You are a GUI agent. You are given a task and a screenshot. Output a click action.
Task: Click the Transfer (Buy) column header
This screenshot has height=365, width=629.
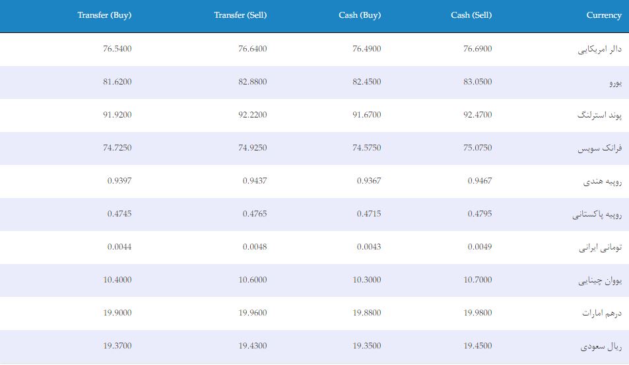coord(104,15)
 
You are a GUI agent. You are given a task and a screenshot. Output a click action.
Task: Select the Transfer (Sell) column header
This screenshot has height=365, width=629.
coord(240,15)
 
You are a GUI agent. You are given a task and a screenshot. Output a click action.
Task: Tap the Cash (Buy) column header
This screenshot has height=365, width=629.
coord(360,15)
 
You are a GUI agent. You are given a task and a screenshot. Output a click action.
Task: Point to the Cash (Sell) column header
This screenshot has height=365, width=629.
coord(471,15)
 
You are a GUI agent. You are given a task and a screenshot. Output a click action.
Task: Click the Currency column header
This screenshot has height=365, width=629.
coord(604,15)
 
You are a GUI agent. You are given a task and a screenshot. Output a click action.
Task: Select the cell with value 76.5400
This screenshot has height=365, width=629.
coord(117,49)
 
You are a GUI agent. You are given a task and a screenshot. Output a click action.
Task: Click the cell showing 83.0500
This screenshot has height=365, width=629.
coord(477,81)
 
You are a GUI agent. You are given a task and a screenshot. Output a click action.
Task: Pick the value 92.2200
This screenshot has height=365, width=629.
coord(252,115)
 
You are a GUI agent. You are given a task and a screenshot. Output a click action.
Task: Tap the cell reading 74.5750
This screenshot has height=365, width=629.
coord(367,148)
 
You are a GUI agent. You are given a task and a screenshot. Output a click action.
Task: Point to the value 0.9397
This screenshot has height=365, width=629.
coord(119,180)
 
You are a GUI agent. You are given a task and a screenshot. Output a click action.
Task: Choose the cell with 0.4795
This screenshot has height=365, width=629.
coord(480,213)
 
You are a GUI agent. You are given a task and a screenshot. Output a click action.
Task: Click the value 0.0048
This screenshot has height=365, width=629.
coord(255,247)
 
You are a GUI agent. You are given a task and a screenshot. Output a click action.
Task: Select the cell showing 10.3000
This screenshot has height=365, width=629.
coord(367,280)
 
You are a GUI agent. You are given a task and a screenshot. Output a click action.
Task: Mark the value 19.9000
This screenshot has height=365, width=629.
coord(117,312)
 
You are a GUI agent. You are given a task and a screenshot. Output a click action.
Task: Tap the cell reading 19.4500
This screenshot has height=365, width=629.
coord(477,345)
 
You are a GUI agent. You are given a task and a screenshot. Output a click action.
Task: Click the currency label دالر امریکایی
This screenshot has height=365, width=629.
coord(600,50)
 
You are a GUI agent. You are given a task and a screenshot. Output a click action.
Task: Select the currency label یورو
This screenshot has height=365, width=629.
coord(615,83)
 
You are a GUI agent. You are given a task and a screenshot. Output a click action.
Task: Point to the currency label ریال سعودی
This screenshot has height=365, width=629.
coord(601,346)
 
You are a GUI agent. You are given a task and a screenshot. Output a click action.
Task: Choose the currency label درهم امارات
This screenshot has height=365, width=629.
coord(602,313)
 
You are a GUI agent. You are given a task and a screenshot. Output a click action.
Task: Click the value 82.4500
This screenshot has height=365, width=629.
coord(367,81)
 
